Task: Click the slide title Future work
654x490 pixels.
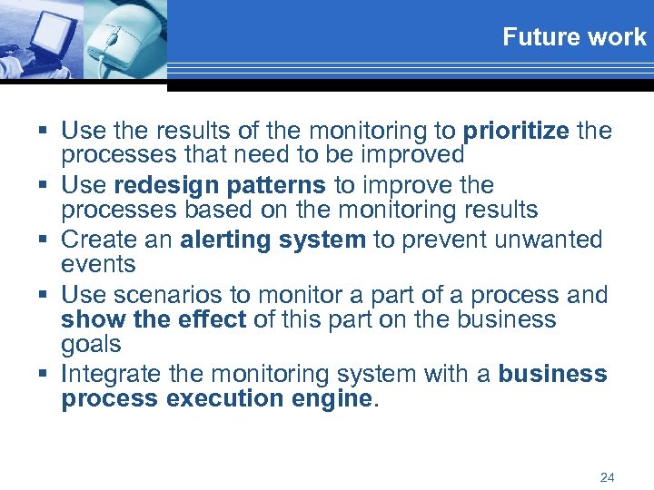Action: click(574, 37)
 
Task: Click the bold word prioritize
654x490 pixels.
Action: click(516, 131)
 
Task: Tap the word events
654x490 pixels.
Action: click(98, 264)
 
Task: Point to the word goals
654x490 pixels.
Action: click(91, 344)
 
